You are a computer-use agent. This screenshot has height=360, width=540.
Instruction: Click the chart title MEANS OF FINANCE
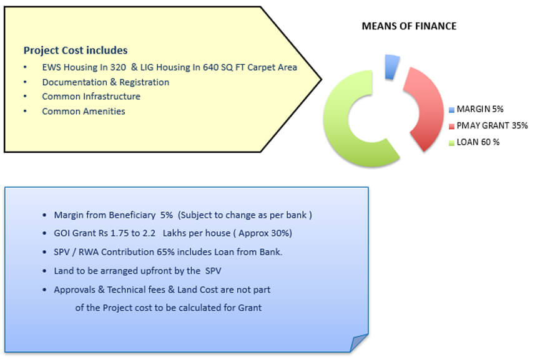409,26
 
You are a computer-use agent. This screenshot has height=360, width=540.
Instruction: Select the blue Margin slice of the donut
391,67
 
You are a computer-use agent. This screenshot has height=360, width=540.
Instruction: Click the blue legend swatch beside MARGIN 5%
451,110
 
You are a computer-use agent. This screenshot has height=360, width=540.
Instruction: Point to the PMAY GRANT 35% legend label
492,125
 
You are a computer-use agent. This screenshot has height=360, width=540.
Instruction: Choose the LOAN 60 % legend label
478,142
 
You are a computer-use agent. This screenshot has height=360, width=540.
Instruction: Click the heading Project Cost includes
76,51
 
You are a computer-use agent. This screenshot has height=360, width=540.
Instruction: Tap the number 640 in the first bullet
210,67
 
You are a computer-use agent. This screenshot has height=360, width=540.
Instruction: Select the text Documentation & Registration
106,82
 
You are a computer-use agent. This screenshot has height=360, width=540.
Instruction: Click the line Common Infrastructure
91,96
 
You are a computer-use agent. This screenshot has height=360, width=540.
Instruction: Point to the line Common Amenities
84,111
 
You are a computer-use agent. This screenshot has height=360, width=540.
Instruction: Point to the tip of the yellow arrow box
322,79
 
